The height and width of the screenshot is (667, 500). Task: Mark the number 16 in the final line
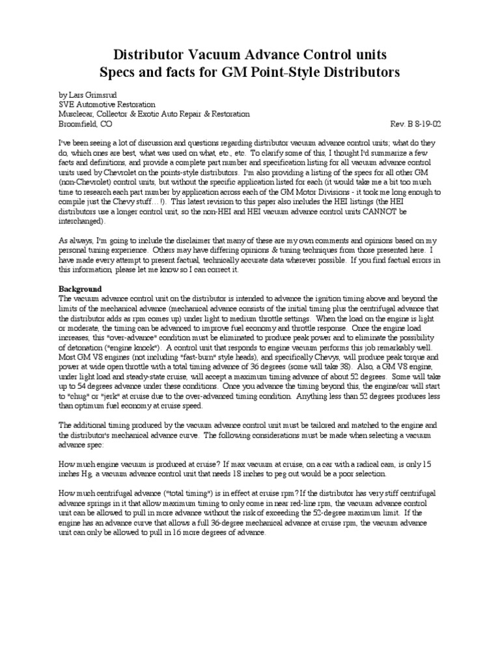point(174,533)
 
